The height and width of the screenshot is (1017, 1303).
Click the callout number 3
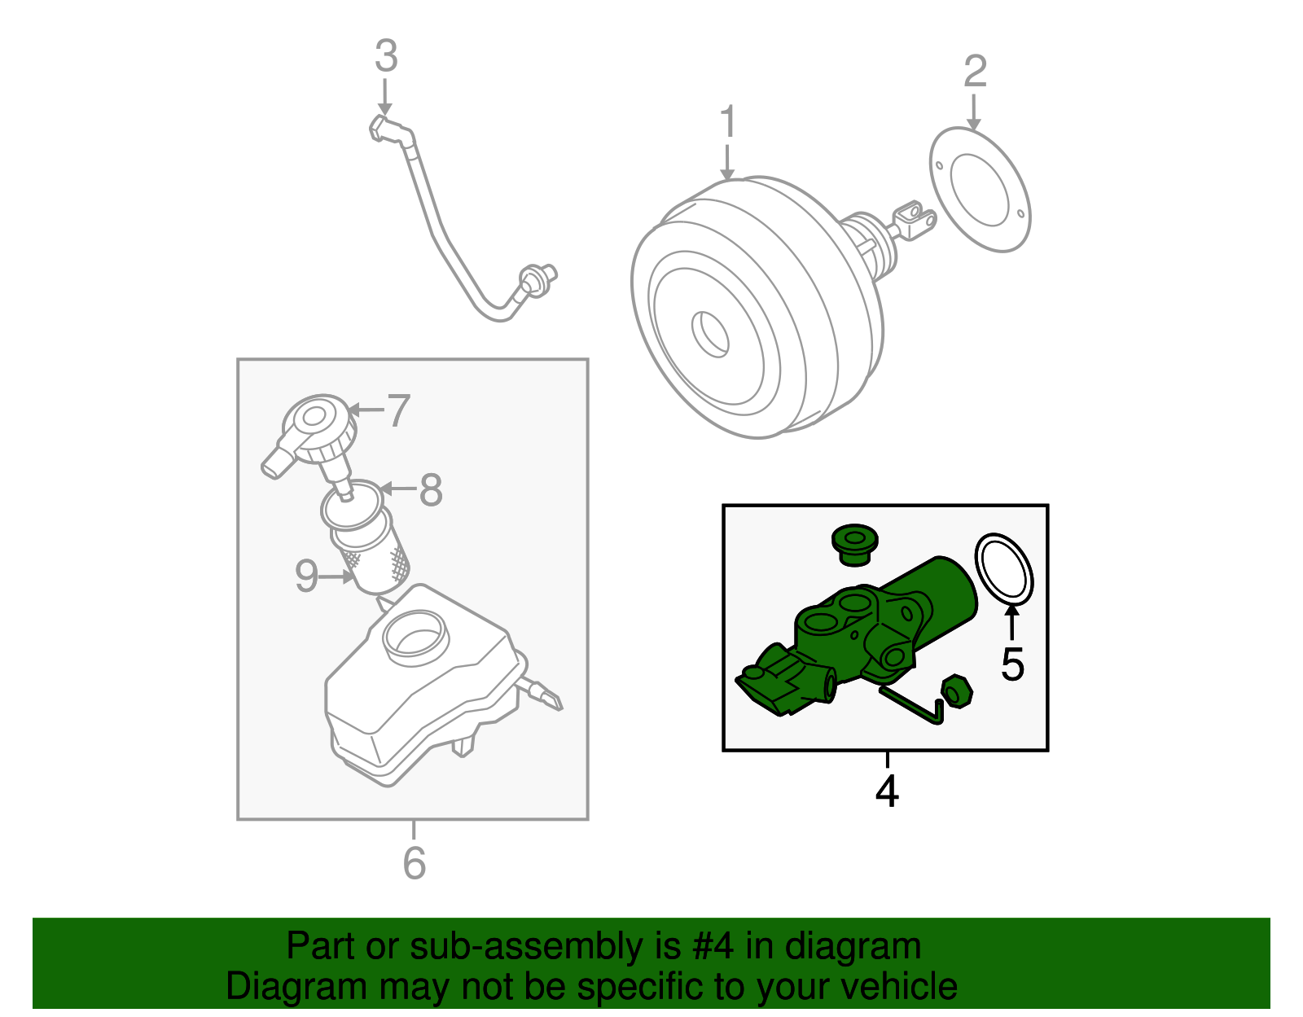tap(386, 57)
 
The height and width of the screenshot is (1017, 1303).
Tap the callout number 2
tap(975, 72)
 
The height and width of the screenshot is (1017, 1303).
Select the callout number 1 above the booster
tap(728, 122)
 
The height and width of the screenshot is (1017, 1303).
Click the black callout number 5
tap(1012, 665)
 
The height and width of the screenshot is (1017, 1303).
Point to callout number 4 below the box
tap(887, 791)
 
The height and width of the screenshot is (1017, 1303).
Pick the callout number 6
tap(414, 863)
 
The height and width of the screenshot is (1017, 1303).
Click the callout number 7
tap(397, 410)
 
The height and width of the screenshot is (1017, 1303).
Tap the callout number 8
tap(431, 490)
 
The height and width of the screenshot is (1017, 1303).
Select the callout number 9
tap(306, 576)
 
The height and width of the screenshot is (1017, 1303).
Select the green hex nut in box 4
tap(956, 691)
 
